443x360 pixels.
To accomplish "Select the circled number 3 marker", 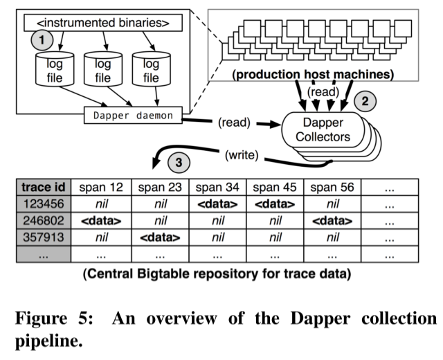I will point(178,164).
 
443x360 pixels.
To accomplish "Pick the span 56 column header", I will point(332,188).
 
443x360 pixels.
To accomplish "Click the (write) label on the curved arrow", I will point(243,156).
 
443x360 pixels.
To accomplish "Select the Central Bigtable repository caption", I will point(217,274).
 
